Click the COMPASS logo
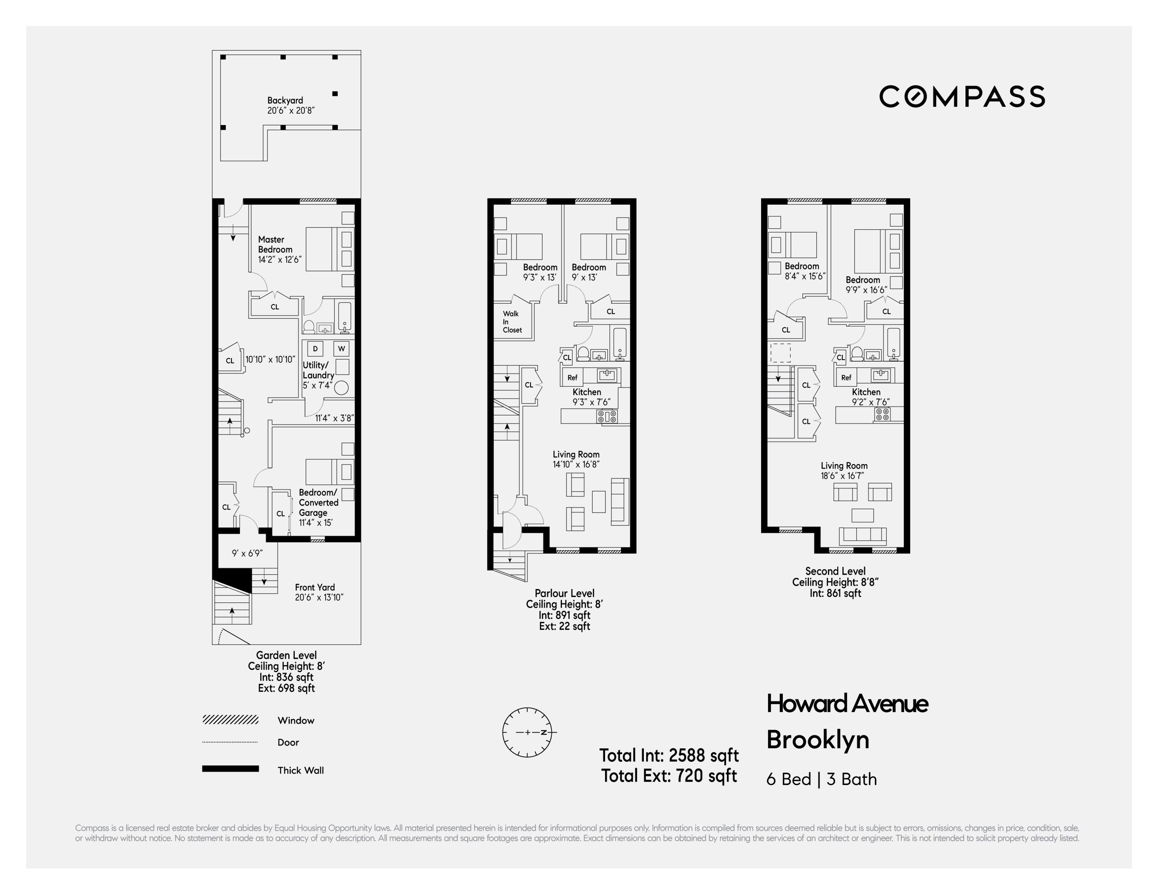click(962, 97)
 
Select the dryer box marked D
click(315, 348)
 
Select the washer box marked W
click(341, 348)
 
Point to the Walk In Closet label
click(512, 322)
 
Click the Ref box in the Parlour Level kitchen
click(572, 377)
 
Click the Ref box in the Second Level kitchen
click(846, 377)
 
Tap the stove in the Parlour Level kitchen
click(607, 416)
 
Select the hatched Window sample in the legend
click(230, 719)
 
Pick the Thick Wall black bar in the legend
click(230, 769)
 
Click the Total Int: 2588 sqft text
click(669, 755)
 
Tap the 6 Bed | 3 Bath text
click(821, 779)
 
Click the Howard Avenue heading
click(847, 704)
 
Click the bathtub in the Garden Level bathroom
click(345, 316)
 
